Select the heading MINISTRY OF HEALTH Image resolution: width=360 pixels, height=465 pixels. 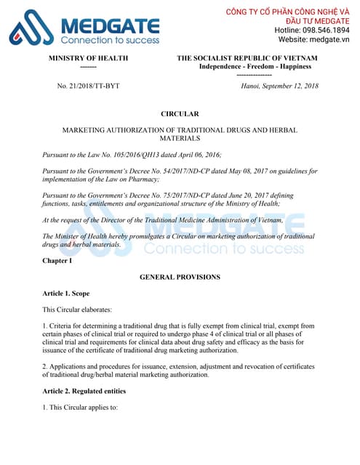tap(88, 57)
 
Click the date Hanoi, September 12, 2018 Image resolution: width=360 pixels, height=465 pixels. tap(279, 86)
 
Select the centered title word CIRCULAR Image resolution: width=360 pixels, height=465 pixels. tap(180, 114)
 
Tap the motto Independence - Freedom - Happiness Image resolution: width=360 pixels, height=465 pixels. tap(255, 66)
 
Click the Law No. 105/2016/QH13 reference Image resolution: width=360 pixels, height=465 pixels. tap(129, 155)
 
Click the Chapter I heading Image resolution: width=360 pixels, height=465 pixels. tap(57, 260)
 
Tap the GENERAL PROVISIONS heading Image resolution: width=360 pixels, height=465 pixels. tap(180, 277)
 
